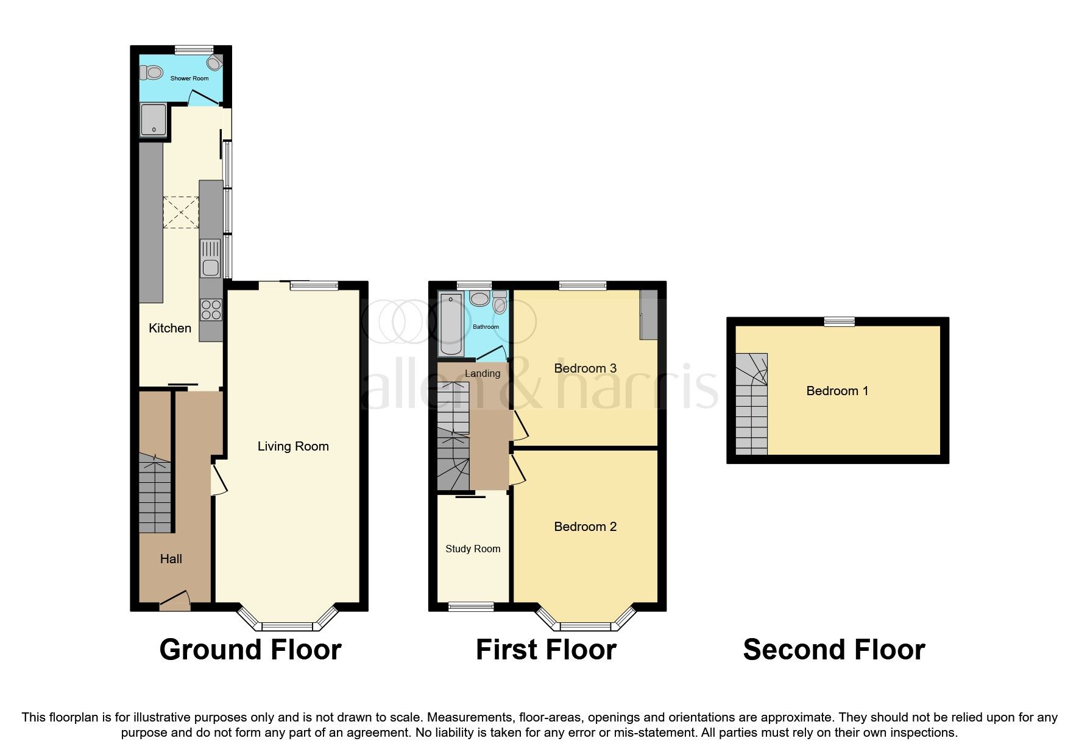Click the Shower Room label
[189, 79]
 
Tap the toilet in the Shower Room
[152, 73]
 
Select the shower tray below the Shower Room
[153, 119]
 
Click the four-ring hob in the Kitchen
[211, 310]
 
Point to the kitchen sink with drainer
[210, 258]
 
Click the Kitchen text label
[170, 328]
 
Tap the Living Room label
[293, 446]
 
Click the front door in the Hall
[175, 601]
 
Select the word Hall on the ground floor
[171, 559]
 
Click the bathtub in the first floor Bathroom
[451, 324]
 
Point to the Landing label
[483, 373]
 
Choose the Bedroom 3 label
[585, 368]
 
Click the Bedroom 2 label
[585, 527]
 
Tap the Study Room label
[473, 549]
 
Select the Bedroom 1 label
[837, 391]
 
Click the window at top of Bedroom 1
[840, 322]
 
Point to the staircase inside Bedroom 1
[751, 405]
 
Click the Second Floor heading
[833, 650]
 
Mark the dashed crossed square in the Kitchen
[180, 212]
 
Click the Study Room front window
[471, 606]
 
